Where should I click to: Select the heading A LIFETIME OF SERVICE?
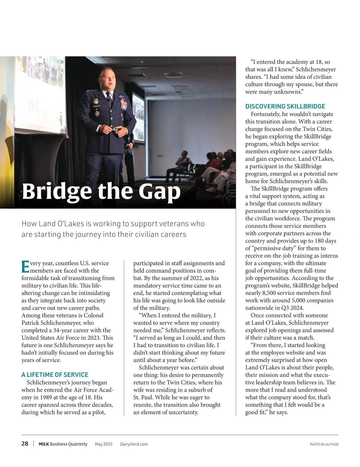(55, 375)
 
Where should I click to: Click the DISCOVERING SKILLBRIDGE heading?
(285, 106)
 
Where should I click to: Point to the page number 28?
(25, 444)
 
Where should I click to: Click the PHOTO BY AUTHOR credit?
(324, 444)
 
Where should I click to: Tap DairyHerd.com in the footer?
(134, 444)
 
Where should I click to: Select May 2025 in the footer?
(104, 444)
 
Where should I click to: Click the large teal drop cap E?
(25, 267)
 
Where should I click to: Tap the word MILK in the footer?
(44, 444)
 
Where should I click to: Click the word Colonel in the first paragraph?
(93, 315)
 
